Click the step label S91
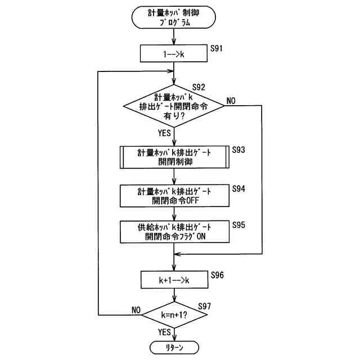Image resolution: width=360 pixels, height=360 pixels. [216, 48]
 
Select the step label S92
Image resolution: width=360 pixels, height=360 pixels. [199, 87]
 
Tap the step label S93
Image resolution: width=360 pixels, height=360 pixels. [238, 150]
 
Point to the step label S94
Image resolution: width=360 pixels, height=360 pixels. [238, 189]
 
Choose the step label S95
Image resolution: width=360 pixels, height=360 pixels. [238, 225]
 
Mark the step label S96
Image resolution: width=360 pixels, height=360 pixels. [217, 275]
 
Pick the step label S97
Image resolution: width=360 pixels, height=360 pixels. [204, 306]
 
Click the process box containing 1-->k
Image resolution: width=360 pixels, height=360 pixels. [174, 53]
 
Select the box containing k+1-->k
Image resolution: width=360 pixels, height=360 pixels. [174, 280]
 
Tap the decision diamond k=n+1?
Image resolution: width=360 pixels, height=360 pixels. [174, 315]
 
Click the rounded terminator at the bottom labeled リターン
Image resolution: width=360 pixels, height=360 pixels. [174, 348]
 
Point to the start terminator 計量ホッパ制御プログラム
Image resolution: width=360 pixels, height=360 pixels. [174, 17]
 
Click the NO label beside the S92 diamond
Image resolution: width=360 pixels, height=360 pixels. [231, 101]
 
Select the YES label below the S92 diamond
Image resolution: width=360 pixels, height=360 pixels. [164, 133]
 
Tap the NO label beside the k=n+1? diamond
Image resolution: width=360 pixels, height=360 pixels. [136, 310]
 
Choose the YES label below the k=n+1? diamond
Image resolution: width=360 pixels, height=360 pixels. [164, 332]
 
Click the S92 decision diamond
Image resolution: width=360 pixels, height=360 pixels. [174, 106]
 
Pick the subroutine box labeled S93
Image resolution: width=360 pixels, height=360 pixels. [174, 157]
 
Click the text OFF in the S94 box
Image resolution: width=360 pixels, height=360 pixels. [192, 201]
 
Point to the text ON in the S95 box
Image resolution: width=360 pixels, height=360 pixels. [201, 236]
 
